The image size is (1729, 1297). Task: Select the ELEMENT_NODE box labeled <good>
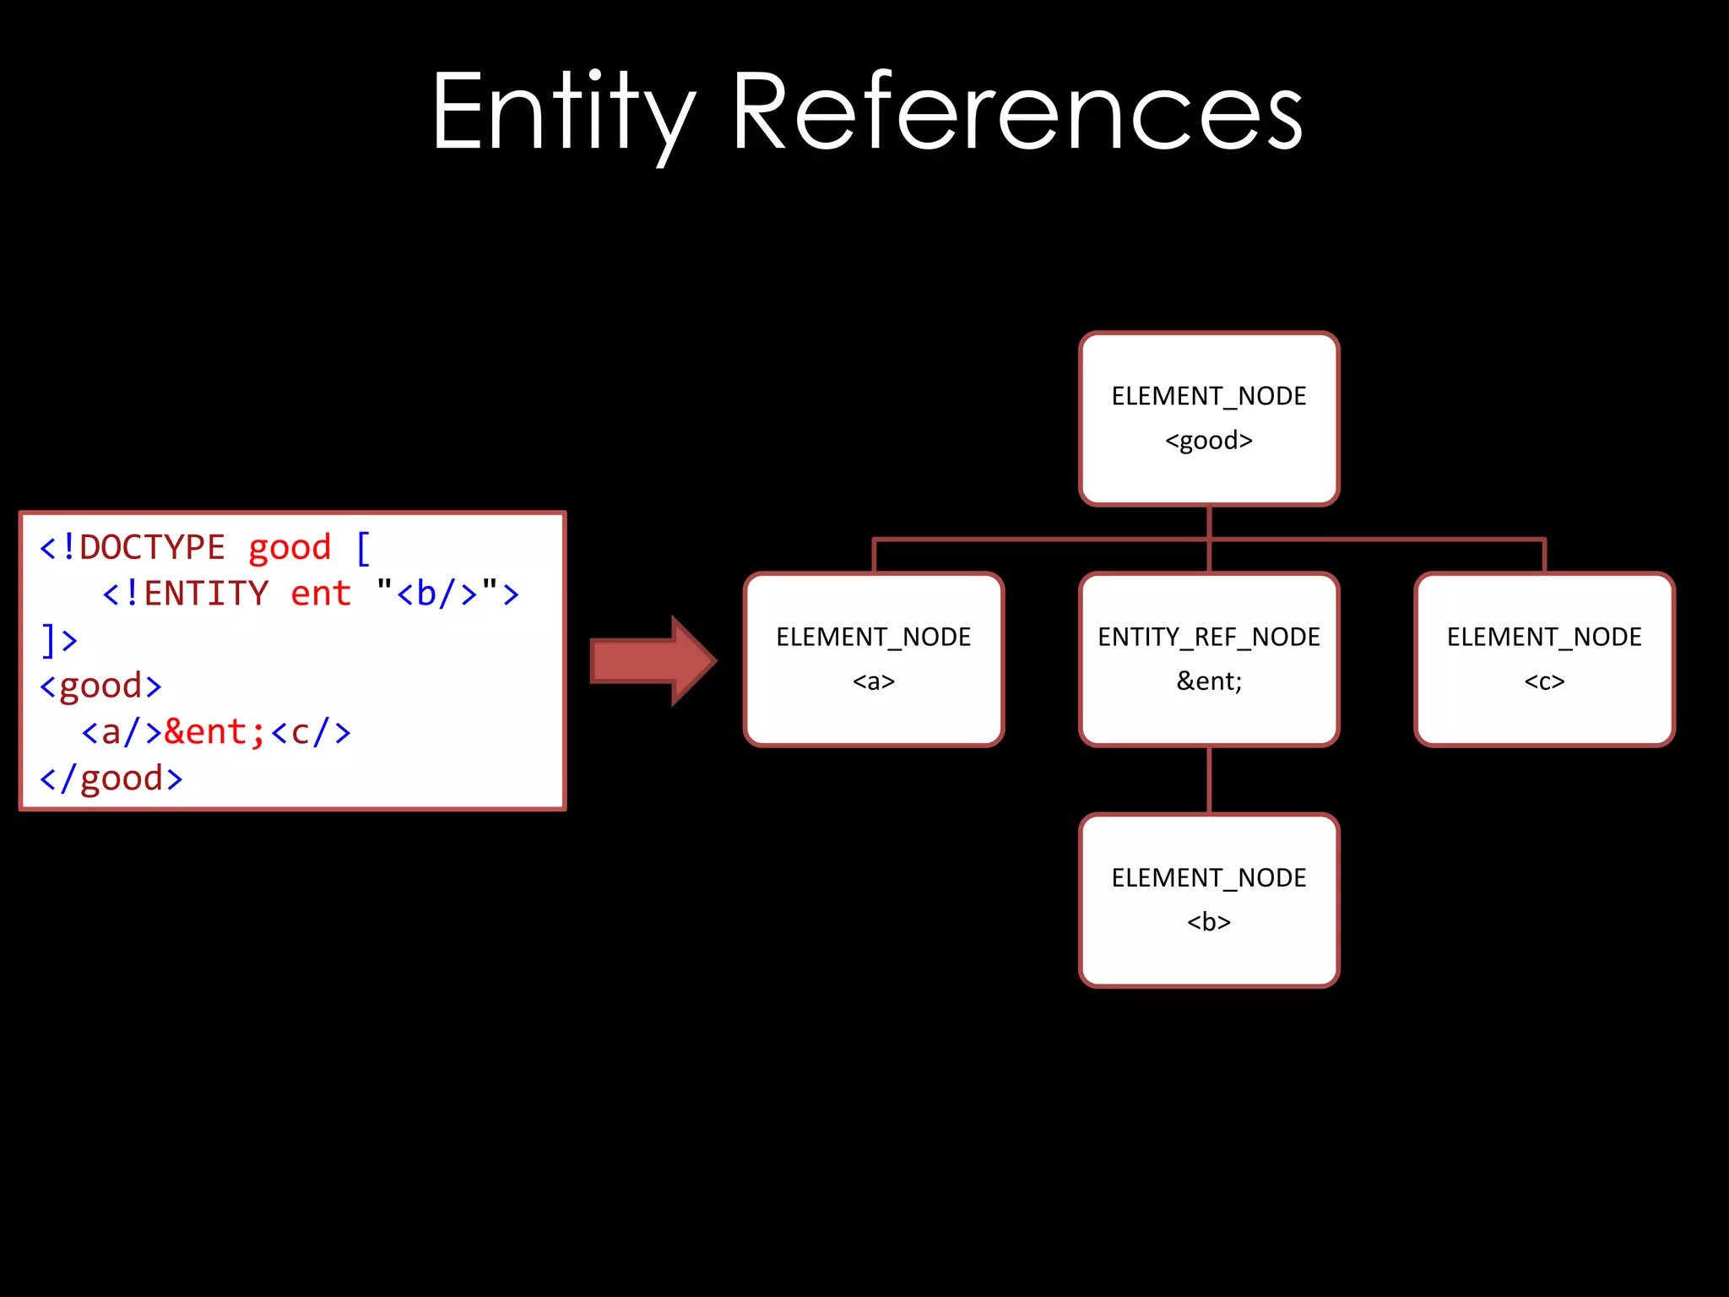(1209, 419)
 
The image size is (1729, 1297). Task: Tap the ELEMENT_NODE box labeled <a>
(874, 659)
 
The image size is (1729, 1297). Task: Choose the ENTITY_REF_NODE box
(1209, 659)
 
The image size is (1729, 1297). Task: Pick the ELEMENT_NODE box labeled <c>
(1544, 659)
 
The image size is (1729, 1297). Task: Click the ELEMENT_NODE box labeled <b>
(1209, 900)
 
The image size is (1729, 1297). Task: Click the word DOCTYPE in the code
(152, 548)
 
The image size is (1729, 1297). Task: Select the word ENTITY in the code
(206, 594)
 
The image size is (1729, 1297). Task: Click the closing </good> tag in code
(111, 779)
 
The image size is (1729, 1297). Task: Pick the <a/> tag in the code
(122, 732)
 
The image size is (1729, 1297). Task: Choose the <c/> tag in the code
(311, 732)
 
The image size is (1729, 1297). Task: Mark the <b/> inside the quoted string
(437, 594)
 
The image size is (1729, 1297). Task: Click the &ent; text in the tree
(1209, 681)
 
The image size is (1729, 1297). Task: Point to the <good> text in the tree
(1209, 441)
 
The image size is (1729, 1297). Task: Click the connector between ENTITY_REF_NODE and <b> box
(1209, 780)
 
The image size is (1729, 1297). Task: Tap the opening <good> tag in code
(100, 686)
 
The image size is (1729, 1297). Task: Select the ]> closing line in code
(59, 640)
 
